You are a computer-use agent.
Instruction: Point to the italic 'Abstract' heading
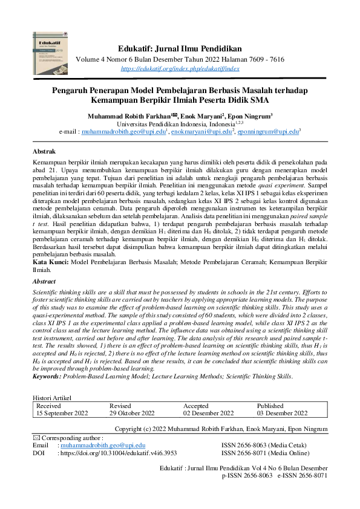click(x=46, y=282)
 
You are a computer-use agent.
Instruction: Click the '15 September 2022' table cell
click(x=62, y=413)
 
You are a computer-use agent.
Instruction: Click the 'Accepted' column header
click(x=196, y=406)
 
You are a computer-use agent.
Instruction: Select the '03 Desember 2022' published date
click(x=282, y=413)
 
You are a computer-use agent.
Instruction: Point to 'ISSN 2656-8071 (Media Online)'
click(x=265, y=452)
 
